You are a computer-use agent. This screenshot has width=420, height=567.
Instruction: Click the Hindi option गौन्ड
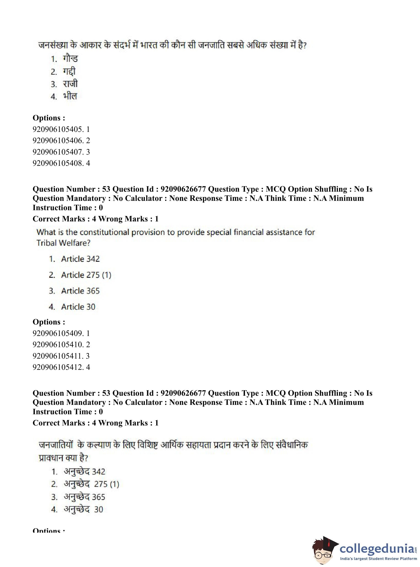pos(70,59)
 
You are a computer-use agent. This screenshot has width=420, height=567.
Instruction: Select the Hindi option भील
pos(70,96)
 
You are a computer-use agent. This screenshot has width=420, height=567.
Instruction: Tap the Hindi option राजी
pos(70,84)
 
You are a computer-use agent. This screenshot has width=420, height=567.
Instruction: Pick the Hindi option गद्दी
pos(69,71)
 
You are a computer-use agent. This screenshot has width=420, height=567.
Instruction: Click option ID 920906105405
pos(61,129)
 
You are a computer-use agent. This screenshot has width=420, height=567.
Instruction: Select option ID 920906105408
pos(61,163)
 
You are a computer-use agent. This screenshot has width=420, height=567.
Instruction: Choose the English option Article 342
pos(80,259)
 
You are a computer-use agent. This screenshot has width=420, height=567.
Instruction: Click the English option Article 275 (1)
pos(86,275)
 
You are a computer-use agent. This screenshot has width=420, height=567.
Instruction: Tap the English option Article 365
pos(80,291)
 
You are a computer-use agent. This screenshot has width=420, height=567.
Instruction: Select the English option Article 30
pos(78,307)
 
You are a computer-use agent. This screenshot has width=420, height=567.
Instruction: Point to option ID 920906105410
pos(61,345)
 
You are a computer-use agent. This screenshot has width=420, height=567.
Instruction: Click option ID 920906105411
pos(61,356)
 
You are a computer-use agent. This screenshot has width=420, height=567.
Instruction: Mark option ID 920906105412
pos(61,367)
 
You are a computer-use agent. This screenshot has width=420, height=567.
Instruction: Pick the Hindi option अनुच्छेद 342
pos(84,472)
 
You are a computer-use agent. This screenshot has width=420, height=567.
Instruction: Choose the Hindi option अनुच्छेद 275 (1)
pos(91,484)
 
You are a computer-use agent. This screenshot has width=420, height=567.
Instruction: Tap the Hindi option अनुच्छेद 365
pos(84,497)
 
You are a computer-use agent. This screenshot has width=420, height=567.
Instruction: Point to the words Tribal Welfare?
pos(63,243)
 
